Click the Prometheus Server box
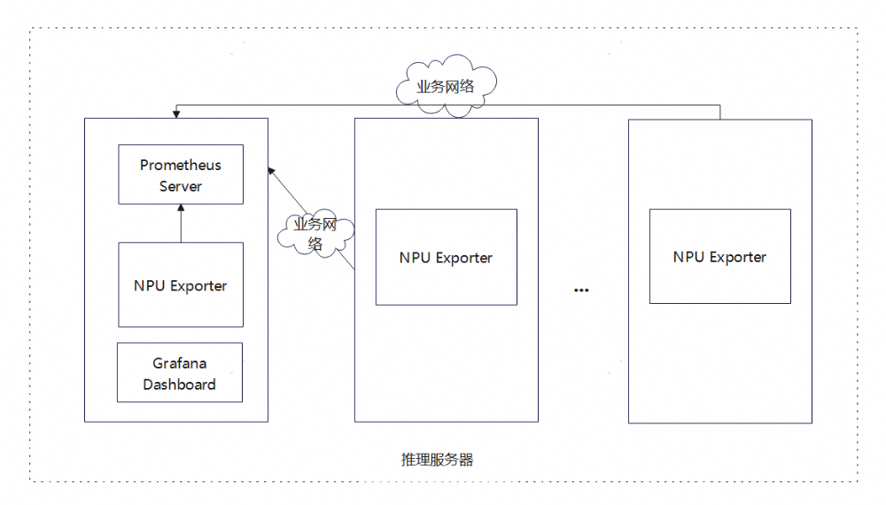(180, 175)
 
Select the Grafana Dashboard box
(180, 372)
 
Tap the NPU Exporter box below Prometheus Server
(180, 285)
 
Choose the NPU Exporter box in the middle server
(446, 257)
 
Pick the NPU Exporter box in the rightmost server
(719, 256)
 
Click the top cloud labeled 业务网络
(446, 86)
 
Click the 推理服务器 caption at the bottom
(437, 460)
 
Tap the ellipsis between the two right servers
(581, 290)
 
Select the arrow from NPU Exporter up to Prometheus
(181, 223)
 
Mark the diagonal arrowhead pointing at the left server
(272, 170)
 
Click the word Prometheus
(181, 165)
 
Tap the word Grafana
(180, 363)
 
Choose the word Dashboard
(180, 385)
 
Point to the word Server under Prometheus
(181, 186)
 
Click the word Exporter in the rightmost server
(736, 257)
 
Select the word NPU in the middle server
(415, 258)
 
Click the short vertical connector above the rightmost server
(719, 112)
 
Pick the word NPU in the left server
(150, 286)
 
